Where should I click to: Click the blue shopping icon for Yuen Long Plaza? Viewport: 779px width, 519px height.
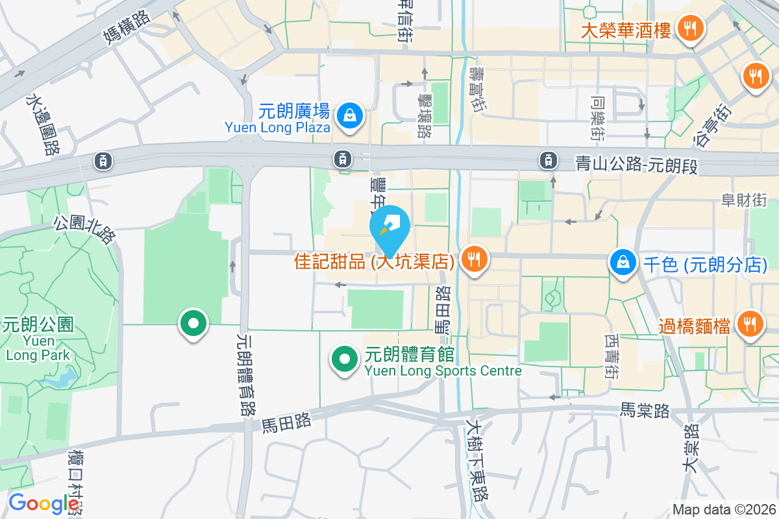350,116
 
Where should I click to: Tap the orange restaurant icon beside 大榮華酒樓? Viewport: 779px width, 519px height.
687,28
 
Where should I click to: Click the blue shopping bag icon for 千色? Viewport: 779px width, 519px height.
623,262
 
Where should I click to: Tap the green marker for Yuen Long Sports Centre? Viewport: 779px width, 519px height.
345,358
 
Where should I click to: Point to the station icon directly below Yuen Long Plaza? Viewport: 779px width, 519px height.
342,158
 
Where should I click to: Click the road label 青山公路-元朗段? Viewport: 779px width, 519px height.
636,165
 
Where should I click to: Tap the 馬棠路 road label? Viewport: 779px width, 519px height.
644,410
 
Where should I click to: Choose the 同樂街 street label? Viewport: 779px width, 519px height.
597,119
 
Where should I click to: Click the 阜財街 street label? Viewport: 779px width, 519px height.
744,200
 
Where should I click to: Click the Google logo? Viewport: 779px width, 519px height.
43,503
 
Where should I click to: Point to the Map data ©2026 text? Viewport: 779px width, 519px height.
723,509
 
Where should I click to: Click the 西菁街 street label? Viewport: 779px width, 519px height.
611,356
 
